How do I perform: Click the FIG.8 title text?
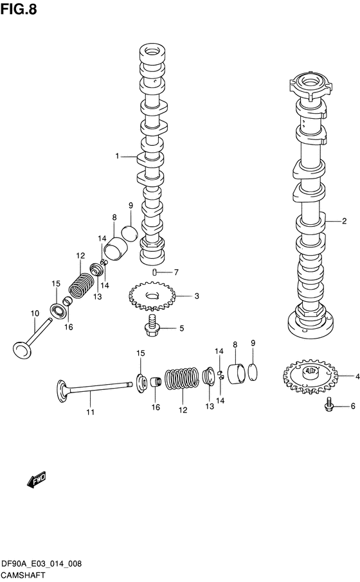[19, 9]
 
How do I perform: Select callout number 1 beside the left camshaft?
[117, 156]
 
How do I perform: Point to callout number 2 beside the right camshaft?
[344, 221]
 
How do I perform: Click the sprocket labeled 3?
[152, 296]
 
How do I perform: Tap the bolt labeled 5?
[152, 328]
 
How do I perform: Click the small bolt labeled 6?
[328, 405]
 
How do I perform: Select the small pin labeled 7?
[154, 273]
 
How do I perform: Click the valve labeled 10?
[32, 338]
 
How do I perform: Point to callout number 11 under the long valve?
[90, 412]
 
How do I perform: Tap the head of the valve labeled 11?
[63, 390]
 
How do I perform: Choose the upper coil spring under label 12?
[82, 285]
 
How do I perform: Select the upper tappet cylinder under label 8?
[116, 249]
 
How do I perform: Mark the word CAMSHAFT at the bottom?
[23, 576]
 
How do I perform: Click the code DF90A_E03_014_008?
[42, 564]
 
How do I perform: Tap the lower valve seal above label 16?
[156, 382]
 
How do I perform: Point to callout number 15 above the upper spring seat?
[56, 284]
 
